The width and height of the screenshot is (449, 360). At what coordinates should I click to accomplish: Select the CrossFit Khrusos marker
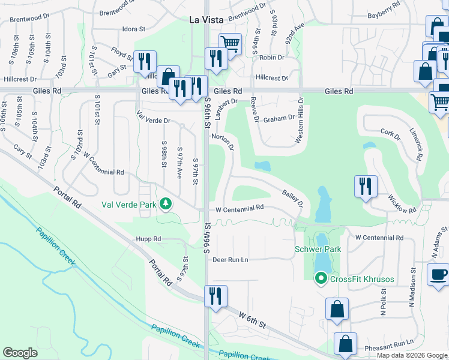tap(321, 277)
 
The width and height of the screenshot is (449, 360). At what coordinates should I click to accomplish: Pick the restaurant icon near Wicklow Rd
tap(365, 185)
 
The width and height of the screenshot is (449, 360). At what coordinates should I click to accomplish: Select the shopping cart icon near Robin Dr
tap(230, 43)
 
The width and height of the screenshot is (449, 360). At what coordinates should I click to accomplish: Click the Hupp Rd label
tap(149, 239)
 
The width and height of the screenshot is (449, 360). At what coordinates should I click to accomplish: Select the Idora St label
tap(134, 28)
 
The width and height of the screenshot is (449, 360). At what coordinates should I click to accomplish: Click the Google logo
tap(20, 353)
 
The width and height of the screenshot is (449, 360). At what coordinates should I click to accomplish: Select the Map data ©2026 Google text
tap(412, 355)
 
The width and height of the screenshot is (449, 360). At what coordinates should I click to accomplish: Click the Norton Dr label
tap(221, 142)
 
